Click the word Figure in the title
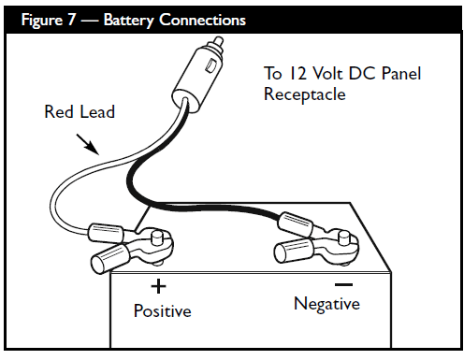click(x=42, y=21)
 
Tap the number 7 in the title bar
click(x=71, y=20)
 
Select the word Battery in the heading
click(x=129, y=21)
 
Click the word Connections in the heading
click(x=202, y=20)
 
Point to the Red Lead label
click(x=80, y=111)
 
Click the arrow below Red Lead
click(x=88, y=144)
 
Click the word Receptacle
click(x=305, y=94)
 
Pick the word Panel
click(x=401, y=74)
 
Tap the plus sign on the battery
click(x=158, y=286)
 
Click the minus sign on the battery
click(x=343, y=284)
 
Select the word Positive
click(x=163, y=310)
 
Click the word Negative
click(x=326, y=304)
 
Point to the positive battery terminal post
click(x=156, y=238)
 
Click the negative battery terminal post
click(x=344, y=238)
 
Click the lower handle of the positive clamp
click(x=109, y=258)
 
